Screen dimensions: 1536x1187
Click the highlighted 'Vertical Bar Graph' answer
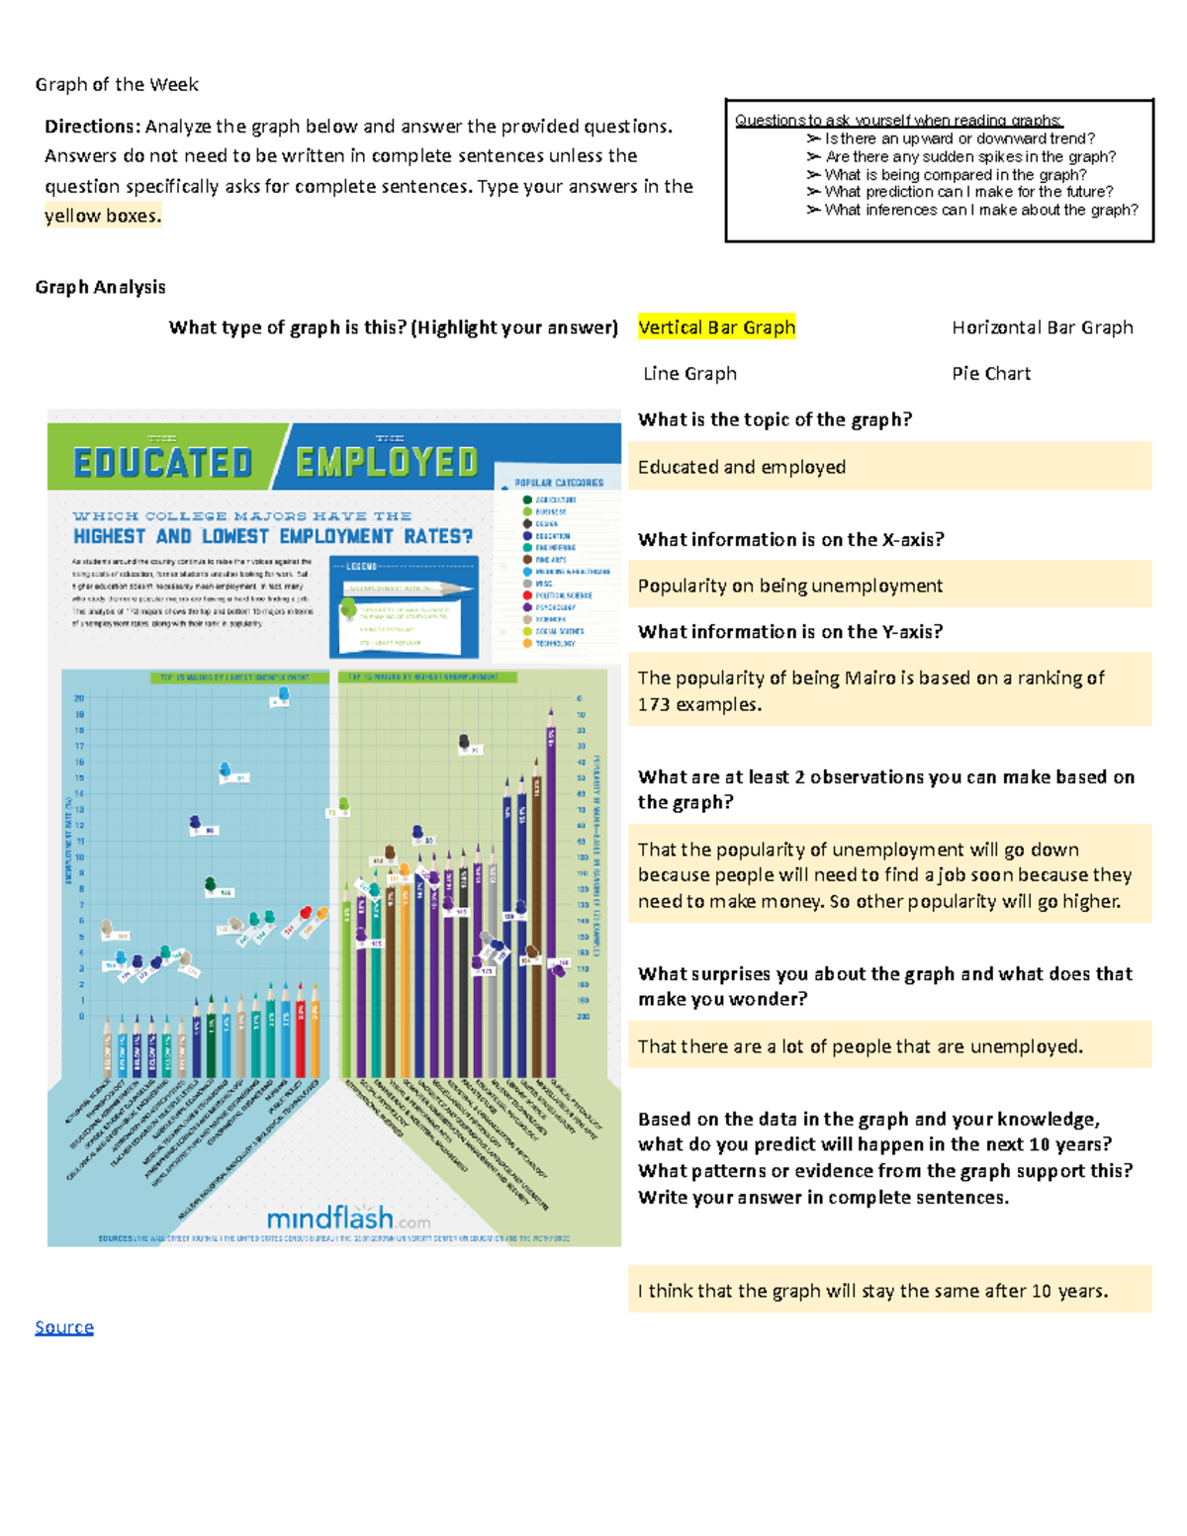716,327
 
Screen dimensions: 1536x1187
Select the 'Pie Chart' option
990,374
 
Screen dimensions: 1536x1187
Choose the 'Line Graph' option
689,374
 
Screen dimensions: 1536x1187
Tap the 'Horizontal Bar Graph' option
1042,327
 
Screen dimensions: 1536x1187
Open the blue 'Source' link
64,1327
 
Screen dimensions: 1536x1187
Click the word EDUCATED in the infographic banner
163,463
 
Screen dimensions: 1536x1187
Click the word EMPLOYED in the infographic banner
387,462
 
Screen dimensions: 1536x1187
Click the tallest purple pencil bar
551,890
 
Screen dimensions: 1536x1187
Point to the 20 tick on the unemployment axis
79,698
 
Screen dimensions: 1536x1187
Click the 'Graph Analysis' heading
100,287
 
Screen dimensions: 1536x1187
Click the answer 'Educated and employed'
741,467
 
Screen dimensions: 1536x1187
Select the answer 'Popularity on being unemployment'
789,586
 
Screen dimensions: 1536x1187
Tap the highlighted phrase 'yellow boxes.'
102,216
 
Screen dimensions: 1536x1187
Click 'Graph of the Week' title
117,85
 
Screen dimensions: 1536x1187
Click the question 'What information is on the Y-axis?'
790,632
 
